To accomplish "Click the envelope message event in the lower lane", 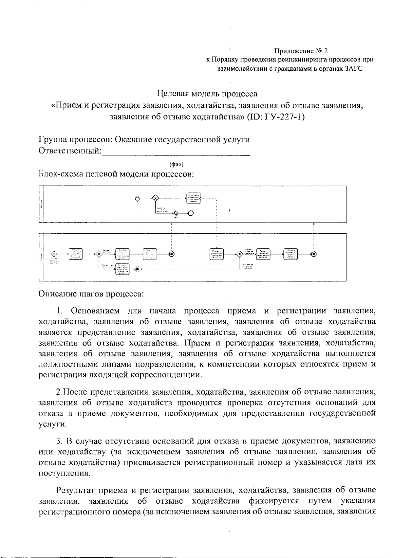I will point(138,268).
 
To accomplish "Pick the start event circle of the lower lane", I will point(54,254).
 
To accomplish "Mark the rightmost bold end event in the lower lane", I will point(314,254).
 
